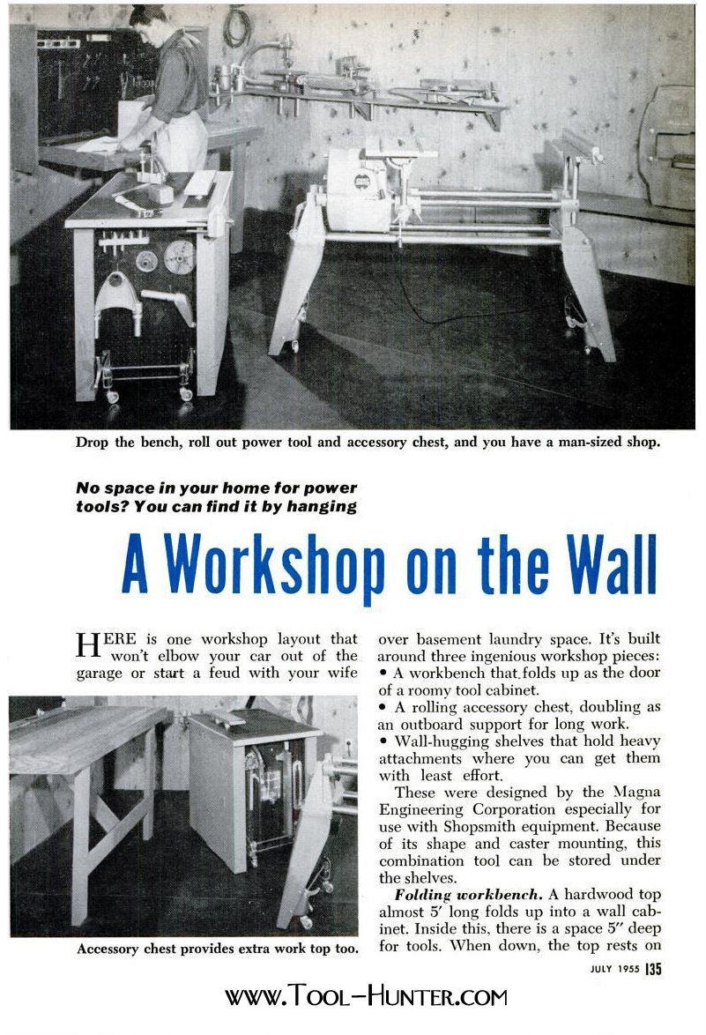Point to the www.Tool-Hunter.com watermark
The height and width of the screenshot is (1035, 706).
(x=366, y=998)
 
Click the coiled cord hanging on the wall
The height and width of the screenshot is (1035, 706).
(x=235, y=26)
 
